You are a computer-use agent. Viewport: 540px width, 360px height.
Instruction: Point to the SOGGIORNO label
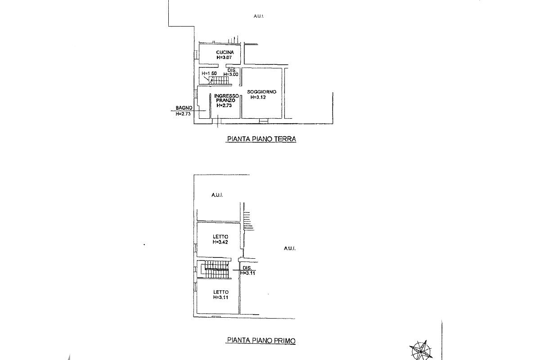click(x=261, y=92)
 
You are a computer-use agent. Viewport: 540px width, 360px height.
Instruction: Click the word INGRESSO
click(x=226, y=96)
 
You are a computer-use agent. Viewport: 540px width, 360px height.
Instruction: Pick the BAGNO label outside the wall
click(x=184, y=108)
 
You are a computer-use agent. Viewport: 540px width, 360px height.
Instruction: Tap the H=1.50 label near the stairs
click(x=209, y=73)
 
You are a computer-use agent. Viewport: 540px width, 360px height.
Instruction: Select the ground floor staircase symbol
click(x=220, y=81)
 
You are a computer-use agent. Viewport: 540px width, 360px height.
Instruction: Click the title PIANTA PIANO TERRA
click(x=261, y=139)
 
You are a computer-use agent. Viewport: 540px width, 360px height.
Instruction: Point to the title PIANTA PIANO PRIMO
click(x=261, y=341)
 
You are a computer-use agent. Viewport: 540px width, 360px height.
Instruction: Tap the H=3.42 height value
click(x=220, y=242)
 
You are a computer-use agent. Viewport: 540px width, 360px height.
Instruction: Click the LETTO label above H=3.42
click(x=220, y=237)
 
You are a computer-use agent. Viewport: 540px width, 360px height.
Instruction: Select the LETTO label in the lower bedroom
click(x=220, y=292)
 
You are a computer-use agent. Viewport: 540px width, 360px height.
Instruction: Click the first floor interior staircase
click(x=215, y=269)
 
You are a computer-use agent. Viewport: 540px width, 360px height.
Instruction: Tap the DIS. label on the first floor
click(x=247, y=268)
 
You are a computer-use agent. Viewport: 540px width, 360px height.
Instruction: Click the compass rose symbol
click(x=421, y=350)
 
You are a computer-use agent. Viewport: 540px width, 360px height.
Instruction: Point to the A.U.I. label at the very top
click(x=258, y=17)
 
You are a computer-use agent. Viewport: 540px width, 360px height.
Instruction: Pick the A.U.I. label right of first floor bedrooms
click(x=289, y=248)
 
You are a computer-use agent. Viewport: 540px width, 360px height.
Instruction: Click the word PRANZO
click(x=225, y=101)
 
